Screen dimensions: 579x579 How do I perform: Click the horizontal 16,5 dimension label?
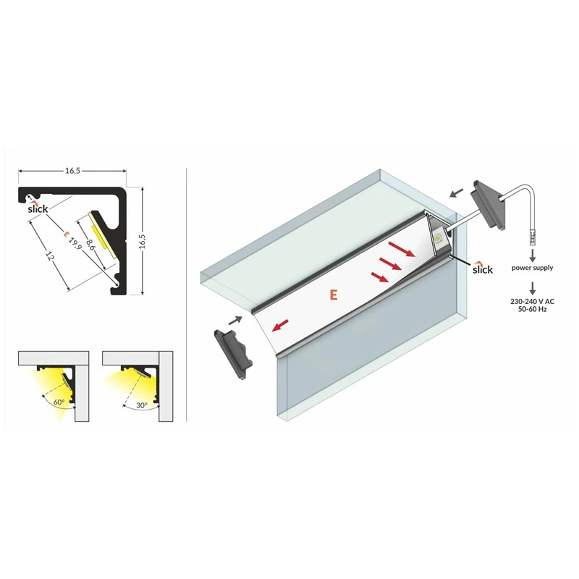click(73, 171)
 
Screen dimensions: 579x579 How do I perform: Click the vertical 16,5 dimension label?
click(142, 241)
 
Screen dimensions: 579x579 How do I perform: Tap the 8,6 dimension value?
click(90, 245)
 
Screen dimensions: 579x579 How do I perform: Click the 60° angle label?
click(59, 402)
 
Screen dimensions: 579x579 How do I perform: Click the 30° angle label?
click(142, 405)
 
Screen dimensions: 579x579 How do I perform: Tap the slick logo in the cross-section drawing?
click(38, 208)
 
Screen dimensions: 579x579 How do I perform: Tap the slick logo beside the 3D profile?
click(483, 269)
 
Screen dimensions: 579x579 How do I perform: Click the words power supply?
click(532, 268)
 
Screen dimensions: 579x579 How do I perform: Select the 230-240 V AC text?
click(532, 301)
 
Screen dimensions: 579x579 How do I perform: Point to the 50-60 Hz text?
click(532, 309)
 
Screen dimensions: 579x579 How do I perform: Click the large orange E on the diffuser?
click(334, 295)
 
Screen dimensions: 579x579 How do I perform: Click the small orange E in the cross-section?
click(66, 234)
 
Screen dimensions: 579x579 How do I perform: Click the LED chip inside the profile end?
click(439, 238)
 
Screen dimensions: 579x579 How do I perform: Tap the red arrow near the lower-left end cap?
click(279, 325)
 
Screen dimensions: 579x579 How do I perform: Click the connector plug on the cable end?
click(532, 237)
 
